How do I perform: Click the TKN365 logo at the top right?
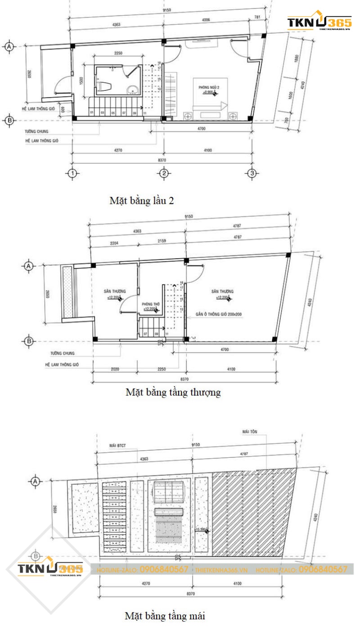click(319, 22)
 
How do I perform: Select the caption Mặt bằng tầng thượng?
click(173, 392)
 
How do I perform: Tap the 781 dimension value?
click(257, 18)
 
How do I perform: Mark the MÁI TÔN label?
click(249, 432)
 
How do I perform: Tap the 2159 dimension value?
click(162, 241)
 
